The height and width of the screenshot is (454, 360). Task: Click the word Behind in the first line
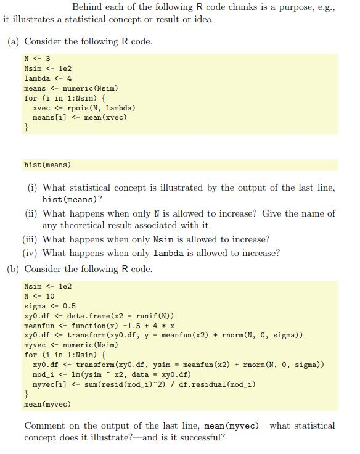click(88, 7)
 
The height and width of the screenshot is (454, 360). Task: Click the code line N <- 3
click(36, 59)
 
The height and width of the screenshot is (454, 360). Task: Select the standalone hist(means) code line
click(47, 165)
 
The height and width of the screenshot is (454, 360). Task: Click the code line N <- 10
click(39, 296)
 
